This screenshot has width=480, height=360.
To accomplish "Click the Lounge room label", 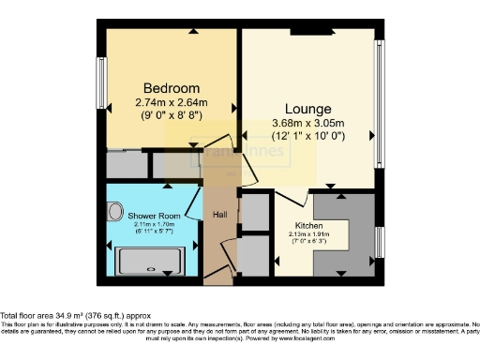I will (x=307, y=108).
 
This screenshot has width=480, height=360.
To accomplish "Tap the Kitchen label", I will (x=309, y=226).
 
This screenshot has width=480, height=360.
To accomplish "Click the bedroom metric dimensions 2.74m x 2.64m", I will (x=170, y=102).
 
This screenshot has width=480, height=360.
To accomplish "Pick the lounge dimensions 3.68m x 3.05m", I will (x=308, y=124).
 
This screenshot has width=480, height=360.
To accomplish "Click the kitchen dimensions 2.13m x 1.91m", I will (x=309, y=235).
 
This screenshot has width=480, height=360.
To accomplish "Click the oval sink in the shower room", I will (x=115, y=213).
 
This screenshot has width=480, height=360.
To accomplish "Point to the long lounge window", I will (x=379, y=103).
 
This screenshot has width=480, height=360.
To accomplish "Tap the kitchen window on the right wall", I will (x=379, y=243).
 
